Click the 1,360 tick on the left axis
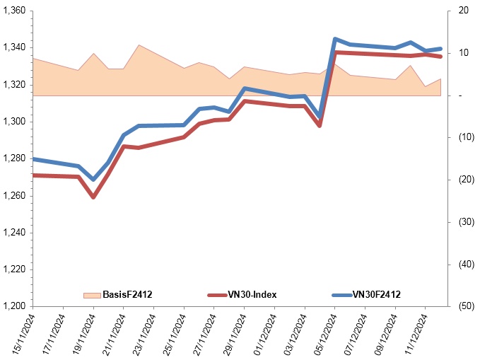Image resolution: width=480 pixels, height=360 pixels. pos(16,11)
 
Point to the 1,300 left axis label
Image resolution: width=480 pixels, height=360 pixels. pos(16,122)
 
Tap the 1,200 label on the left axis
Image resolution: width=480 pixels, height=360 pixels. pos(16,306)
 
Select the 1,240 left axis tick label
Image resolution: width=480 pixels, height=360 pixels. pos(16,233)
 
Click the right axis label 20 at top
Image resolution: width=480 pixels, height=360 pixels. pos(463,11)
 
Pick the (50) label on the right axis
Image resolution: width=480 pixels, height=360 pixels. pos(463,306)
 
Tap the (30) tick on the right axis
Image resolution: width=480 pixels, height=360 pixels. pos(463,222)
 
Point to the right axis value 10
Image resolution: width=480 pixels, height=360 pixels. pos(463,53)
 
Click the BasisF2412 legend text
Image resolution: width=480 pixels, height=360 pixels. pos(127,294)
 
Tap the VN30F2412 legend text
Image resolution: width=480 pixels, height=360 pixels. pos(376,294)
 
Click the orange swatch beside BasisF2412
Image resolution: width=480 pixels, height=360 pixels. pos(92,294)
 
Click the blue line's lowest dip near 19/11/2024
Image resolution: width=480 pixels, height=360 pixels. pos(93,180)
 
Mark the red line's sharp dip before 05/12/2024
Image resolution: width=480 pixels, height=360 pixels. pos(320,125)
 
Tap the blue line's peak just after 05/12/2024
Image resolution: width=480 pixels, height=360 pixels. pos(335,39)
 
